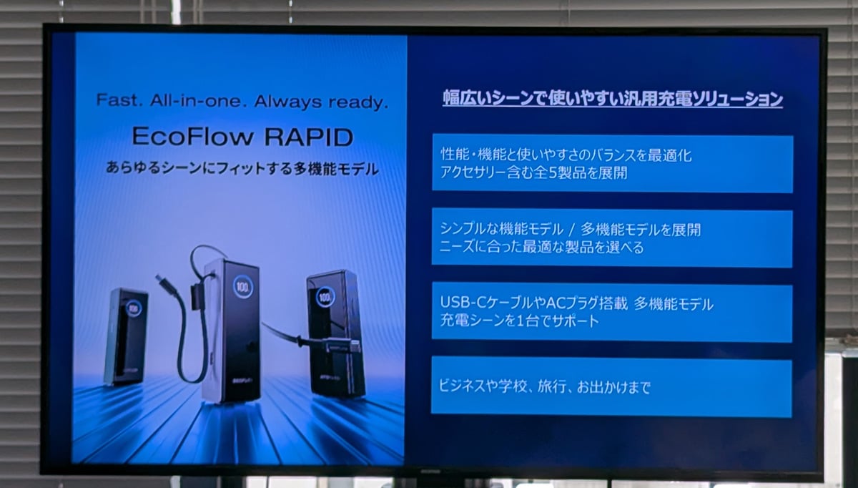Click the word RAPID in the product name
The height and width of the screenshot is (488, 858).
click(x=309, y=137)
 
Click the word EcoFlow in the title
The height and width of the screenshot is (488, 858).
click(x=193, y=136)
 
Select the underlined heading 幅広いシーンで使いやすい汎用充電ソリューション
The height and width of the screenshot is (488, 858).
click(x=613, y=99)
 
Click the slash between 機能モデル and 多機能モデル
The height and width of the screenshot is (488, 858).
click(x=572, y=230)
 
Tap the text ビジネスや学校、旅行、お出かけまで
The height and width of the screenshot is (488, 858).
click(x=544, y=386)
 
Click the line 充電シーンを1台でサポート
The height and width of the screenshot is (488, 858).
click(x=519, y=320)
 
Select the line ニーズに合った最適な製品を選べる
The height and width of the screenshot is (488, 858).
click(x=542, y=247)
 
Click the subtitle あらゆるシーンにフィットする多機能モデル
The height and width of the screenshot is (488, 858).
click(x=242, y=168)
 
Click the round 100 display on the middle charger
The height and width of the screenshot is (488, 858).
click(x=243, y=286)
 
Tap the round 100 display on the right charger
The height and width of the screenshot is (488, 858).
click(x=325, y=297)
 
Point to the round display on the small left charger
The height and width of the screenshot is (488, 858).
click(x=134, y=308)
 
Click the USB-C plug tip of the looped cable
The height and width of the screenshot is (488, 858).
click(x=159, y=278)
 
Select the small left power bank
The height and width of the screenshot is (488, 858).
click(x=126, y=337)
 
